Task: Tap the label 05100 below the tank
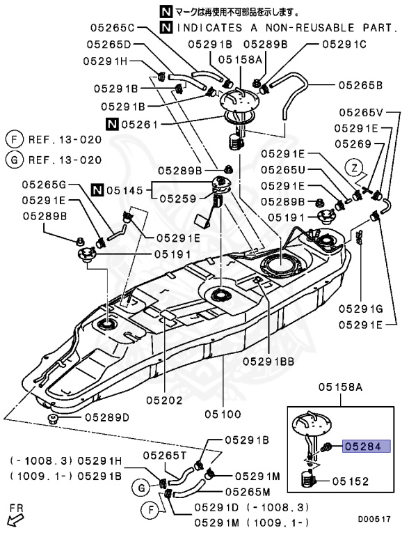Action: (223, 414)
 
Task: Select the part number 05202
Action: (165, 400)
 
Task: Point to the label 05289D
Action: (107, 417)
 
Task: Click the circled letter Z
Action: (355, 168)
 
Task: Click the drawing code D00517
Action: (374, 519)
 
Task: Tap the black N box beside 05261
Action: (112, 124)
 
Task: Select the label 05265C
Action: (113, 28)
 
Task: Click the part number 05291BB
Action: (268, 362)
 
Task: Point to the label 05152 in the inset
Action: (351, 481)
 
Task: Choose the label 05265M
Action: (248, 492)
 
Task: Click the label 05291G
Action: (361, 309)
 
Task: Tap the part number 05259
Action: (178, 199)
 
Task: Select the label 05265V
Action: (361, 112)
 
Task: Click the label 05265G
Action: (45, 185)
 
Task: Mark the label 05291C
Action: (344, 44)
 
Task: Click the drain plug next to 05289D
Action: (53, 419)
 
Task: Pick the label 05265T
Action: (166, 455)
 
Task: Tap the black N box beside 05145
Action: (98, 189)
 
